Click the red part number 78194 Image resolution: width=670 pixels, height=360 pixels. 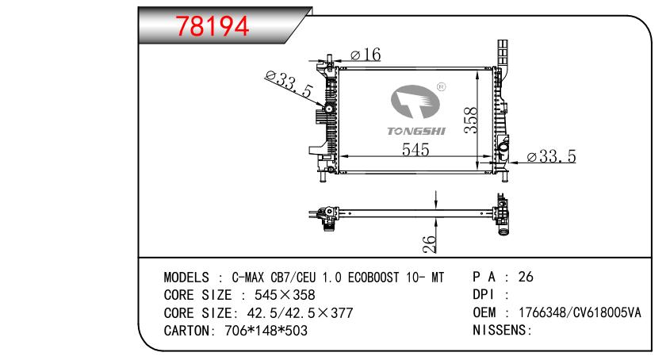pyautogui.click(x=212, y=25)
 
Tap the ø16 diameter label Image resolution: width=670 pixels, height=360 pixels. pyautogui.click(x=366, y=54)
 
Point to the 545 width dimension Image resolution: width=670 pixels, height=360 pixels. pyautogui.click(x=415, y=149)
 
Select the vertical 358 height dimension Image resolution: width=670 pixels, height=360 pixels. pyautogui.click(x=470, y=121)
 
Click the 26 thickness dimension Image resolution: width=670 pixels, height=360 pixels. pyautogui.click(x=430, y=244)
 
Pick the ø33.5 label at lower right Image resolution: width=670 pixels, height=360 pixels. pyautogui.click(x=551, y=156)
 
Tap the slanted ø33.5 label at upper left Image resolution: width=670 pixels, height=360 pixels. pyautogui.click(x=289, y=84)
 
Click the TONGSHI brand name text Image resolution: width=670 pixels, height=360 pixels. pyautogui.click(x=415, y=132)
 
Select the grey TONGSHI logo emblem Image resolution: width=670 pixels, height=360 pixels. pyautogui.click(x=415, y=101)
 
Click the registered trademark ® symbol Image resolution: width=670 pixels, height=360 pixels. pyautogui.click(x=442, y=87)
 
